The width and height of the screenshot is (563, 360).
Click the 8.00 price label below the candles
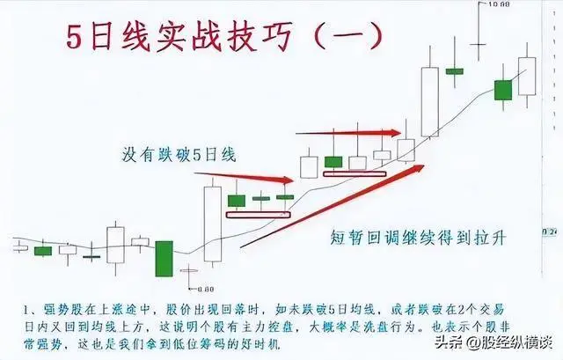[207, 288]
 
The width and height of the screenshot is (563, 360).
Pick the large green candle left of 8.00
[164, 257]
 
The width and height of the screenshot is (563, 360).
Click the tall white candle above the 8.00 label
[213, 224]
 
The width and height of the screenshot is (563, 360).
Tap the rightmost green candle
[502, 89]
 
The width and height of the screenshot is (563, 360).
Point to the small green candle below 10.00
[454, 70]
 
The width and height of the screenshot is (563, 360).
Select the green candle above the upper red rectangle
[333, 161]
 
